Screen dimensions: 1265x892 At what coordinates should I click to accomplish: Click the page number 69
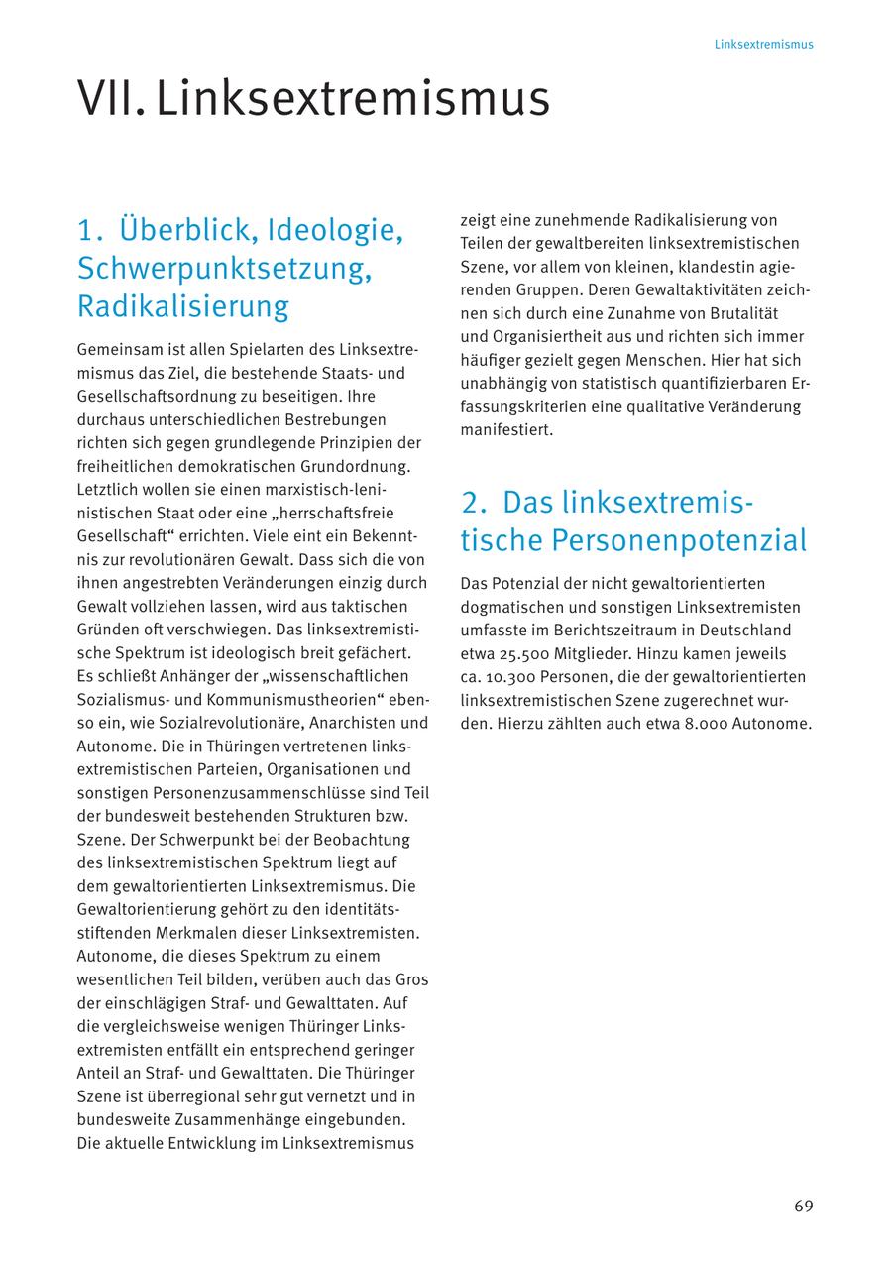tap(803, 1207)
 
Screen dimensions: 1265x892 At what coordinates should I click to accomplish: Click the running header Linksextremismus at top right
tap(763, 45)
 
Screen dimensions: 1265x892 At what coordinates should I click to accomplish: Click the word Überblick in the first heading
tap(178, 230)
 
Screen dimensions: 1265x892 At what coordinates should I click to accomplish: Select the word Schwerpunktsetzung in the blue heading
tap(224, 268)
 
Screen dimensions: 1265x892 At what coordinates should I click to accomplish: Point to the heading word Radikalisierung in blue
tap(183, 306)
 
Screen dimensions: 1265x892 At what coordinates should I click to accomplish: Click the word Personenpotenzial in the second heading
tap(679, 540)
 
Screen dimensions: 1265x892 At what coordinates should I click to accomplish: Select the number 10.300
tap(507, 677)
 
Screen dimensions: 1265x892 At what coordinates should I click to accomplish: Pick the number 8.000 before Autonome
tap(705, 724)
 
